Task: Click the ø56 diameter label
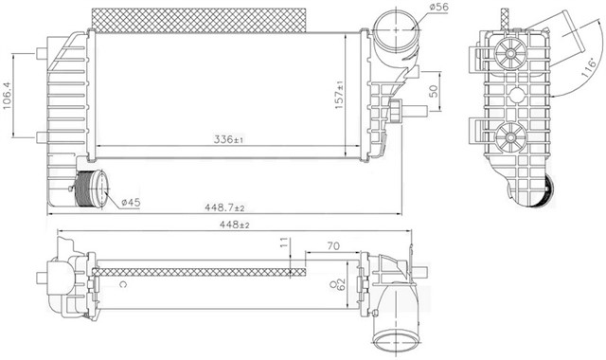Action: click(438, 8)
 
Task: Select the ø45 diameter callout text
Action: click(131, 202)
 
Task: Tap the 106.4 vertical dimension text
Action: click(7, 96)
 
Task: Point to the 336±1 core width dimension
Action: click(228, 139)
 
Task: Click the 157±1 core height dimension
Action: click(339, 95)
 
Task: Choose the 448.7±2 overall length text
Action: click(224, 207)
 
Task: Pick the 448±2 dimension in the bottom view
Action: click(234, 225)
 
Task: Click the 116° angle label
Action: click(589, 68)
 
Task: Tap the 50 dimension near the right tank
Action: click(434, 91)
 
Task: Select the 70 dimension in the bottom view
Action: click(333, 246)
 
